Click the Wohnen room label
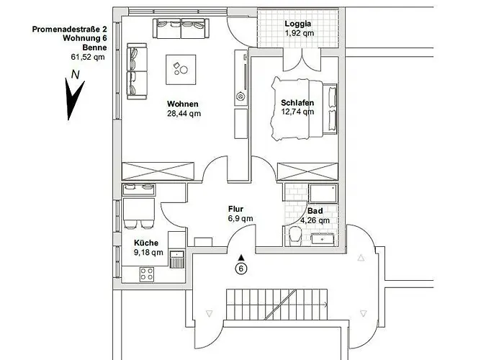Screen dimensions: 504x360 point(183,104)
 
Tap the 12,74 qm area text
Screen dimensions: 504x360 point(297,112)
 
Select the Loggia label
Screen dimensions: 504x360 point(298,24)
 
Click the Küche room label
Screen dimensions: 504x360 point(146,243)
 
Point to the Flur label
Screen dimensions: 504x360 point(235,210)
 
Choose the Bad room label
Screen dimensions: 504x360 point(315,211)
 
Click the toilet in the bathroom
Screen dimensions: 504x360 point(294,235)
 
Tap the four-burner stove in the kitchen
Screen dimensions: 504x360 point(147,274)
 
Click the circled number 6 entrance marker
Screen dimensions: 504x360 point(241,269)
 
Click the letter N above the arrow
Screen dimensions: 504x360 point(75,75)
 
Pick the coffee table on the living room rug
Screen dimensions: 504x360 point(181,69)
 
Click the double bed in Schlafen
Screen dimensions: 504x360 point(304,108)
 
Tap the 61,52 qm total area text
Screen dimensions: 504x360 point(88,57)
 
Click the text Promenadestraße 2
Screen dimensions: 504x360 point(69,30)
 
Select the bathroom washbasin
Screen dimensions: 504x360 point(323,239)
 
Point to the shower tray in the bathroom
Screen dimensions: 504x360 point(323,193)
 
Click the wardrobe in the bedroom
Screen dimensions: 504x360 point(307,171)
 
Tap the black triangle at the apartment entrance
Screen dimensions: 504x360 point(241,257)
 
